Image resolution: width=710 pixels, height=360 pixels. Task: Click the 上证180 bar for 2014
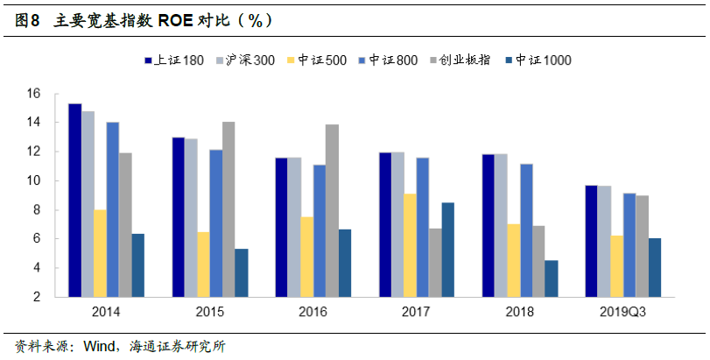tap(75, 201)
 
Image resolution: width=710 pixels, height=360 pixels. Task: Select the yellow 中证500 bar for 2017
tap(410, 245)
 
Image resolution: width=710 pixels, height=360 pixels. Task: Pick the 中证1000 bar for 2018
tap(551, 279)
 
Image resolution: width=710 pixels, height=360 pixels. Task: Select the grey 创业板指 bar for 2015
tap(228, 209)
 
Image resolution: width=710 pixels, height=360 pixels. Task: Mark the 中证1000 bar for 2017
tap(448, 250)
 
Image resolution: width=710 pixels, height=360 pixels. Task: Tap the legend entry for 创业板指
tap(464, 60)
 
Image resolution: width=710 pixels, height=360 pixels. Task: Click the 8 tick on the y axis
tap(38, 210)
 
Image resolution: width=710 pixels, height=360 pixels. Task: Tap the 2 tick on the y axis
tap(38, 297)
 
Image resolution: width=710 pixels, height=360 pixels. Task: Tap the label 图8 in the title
tap(29, 18)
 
